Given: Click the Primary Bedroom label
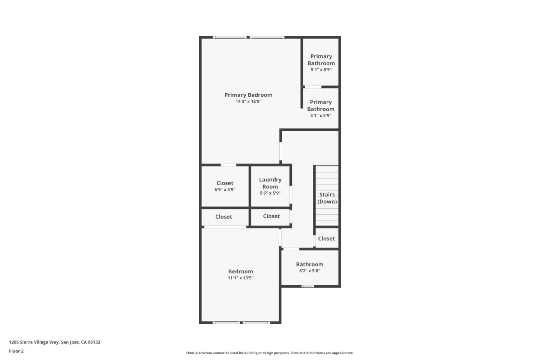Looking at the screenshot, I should (x=248, y=95).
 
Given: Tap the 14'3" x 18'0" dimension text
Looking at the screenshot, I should (x=248, y=102).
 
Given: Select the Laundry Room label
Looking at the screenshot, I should (x=270, y=183).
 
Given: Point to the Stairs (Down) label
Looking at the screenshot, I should (x=327, y=198).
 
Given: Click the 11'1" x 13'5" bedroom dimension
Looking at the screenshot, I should (x=240, y=278).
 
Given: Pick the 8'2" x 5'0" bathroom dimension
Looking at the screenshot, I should (x=309, y=271).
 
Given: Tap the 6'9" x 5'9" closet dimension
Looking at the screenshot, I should (x=225, y=190).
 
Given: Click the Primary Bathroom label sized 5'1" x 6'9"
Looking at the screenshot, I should (x=321, y=60).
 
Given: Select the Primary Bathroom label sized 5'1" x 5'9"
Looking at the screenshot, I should (x=321, y=105).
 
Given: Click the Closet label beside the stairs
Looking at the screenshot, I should (x=326, y=238).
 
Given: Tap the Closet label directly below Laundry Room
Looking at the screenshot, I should (x=271, y=216).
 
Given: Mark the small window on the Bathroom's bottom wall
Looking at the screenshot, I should (x=307, y=286).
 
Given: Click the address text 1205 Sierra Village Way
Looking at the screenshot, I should (x=55, y=342).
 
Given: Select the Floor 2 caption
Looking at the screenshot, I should (x=16, y=351).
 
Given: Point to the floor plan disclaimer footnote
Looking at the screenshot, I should (x=270, y=353).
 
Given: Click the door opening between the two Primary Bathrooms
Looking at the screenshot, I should (x=313, y=87).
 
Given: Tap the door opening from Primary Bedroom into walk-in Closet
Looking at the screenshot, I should (x=228, y=165).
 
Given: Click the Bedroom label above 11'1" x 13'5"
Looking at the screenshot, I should (x=240, y=271).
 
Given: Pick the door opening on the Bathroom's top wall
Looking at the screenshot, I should (x=291, y=249).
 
